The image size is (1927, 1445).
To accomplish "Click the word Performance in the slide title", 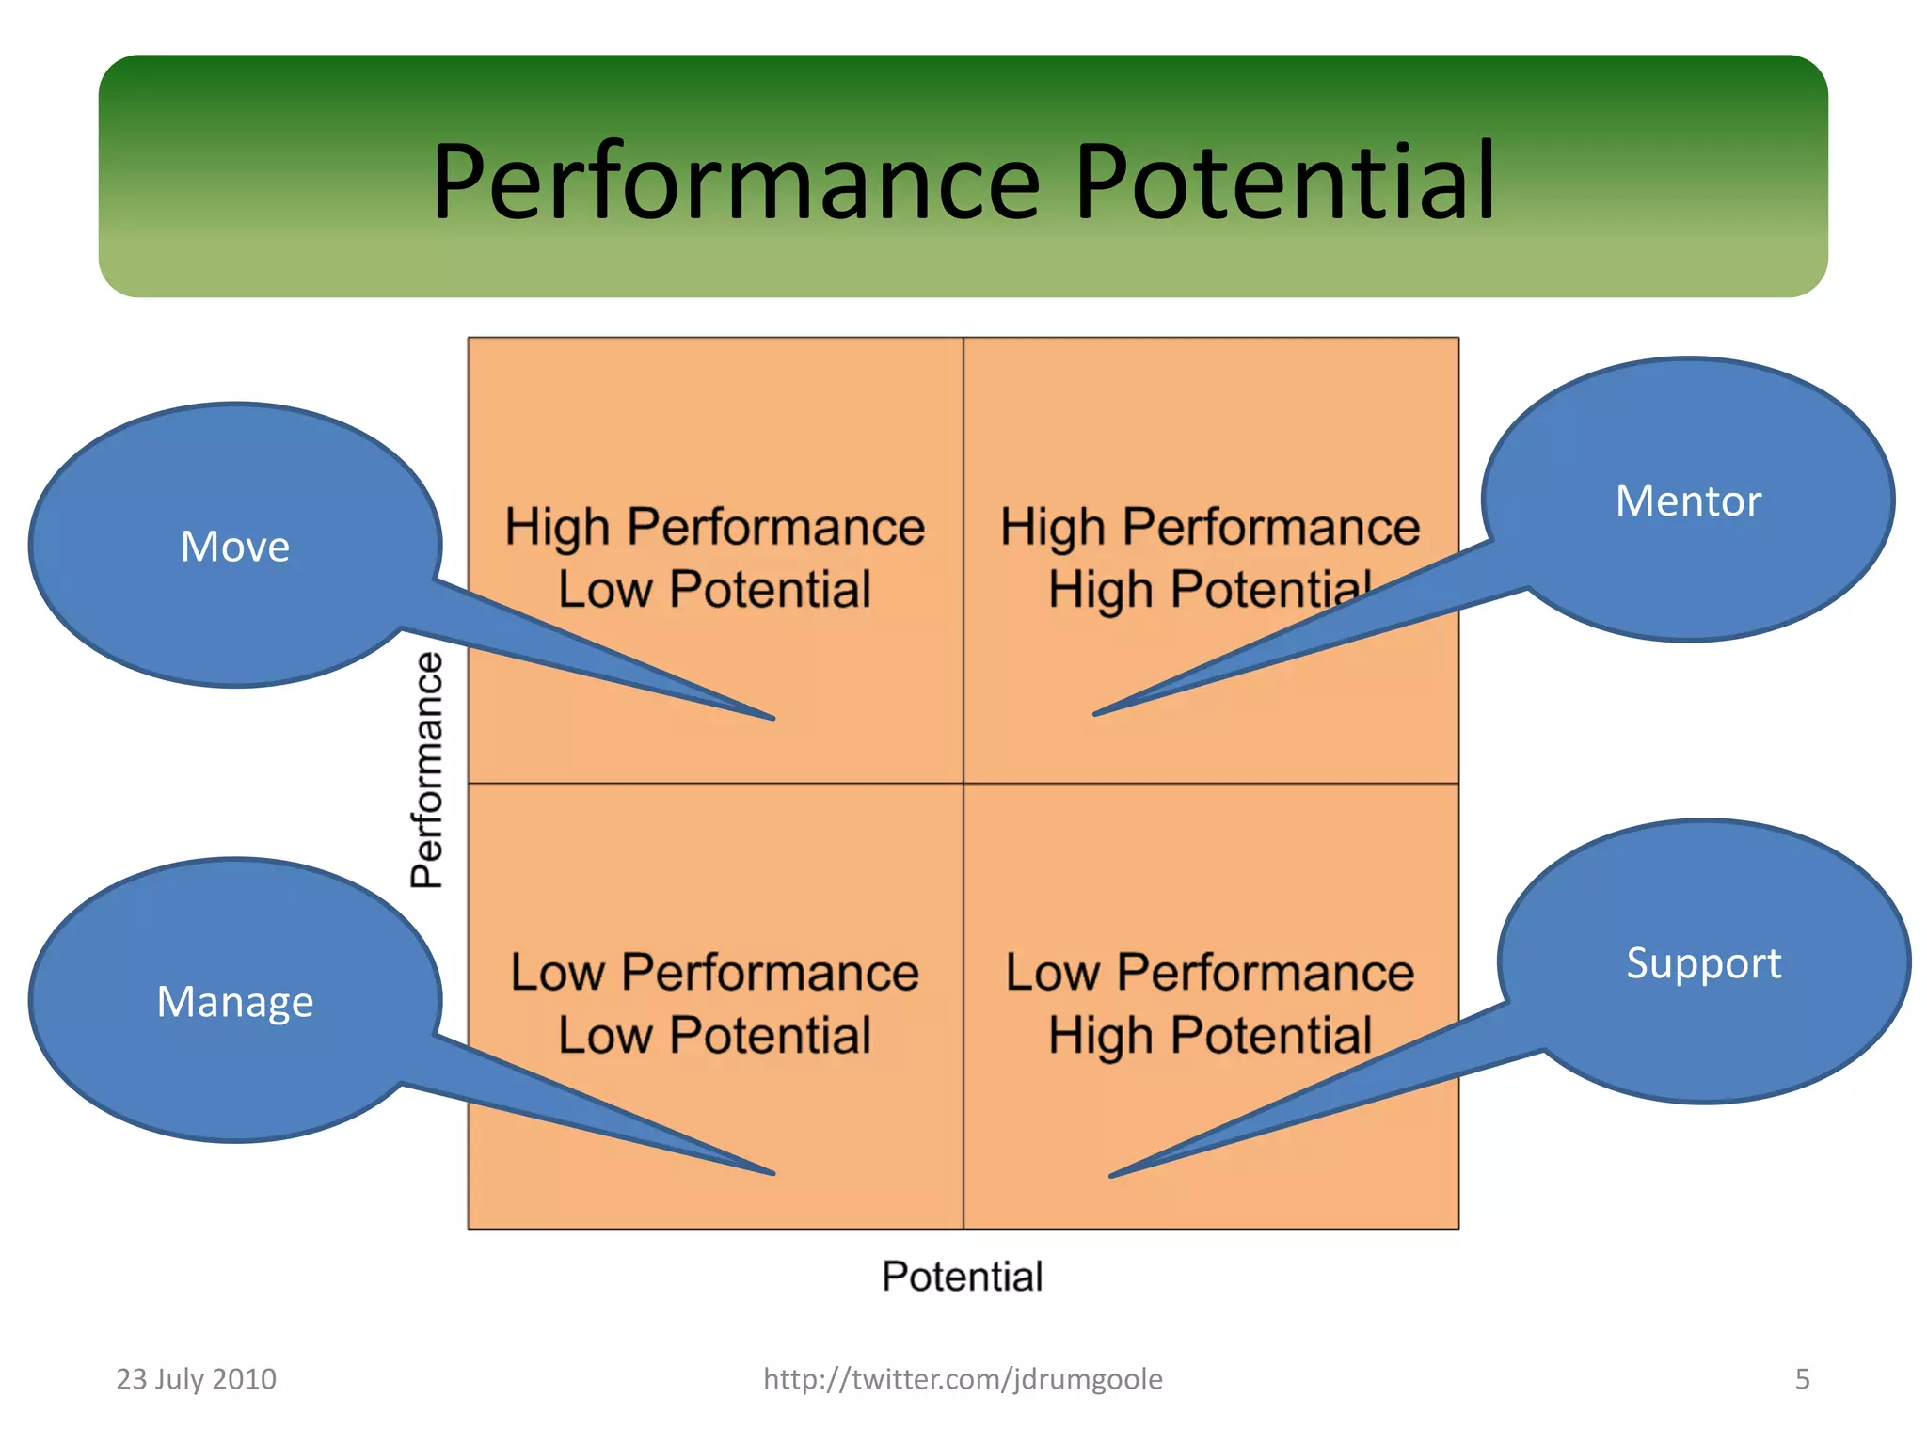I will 736,182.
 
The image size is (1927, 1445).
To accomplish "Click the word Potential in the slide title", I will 1284,182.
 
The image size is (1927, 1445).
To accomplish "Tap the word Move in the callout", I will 235,547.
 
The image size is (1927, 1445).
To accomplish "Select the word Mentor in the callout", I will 1688,501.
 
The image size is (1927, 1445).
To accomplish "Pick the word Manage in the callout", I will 235,1002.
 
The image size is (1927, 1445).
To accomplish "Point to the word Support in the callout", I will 1704,963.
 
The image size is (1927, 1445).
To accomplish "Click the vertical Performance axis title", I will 427,770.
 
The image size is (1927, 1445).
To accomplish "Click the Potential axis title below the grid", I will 963,1277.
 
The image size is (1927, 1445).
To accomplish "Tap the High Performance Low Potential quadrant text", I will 715,558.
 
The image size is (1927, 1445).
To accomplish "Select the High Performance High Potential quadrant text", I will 1210,558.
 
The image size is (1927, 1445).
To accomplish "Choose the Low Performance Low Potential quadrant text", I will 715,1004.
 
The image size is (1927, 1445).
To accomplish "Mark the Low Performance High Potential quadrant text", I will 1210,1004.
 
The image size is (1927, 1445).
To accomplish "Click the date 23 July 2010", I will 196,1379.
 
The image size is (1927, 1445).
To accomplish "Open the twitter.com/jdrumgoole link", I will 963,1379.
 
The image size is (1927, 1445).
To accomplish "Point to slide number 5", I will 1802,1379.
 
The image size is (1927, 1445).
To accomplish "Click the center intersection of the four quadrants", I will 963,783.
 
